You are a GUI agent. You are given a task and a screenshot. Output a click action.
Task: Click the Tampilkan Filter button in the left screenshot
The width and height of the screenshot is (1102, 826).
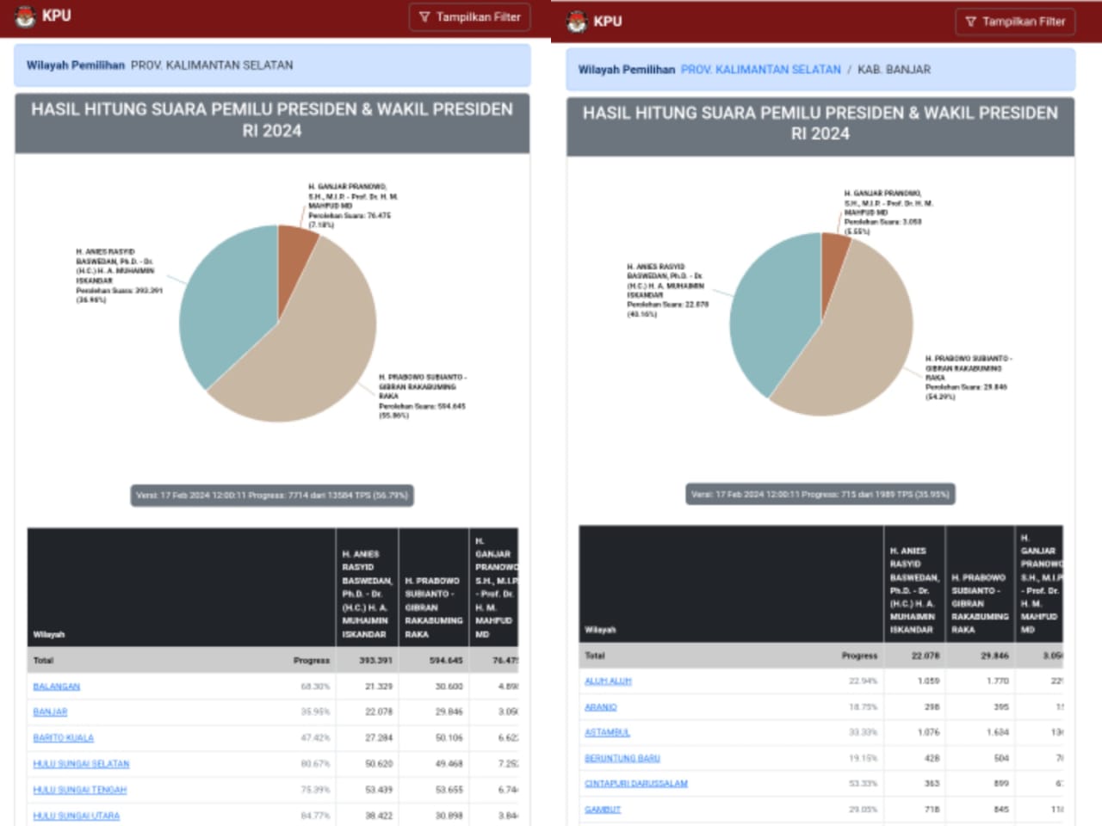469,17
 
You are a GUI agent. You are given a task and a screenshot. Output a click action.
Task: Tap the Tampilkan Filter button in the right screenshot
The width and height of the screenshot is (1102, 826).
1015,22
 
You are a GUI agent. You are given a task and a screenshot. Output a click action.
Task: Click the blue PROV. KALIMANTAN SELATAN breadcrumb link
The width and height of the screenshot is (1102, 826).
760,70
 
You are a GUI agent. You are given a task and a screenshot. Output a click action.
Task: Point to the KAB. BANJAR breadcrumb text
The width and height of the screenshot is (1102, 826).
894,70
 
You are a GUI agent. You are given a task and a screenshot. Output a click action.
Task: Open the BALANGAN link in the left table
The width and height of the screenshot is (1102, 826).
57,687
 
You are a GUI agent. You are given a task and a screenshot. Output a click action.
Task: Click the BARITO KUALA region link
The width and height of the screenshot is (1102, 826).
64,738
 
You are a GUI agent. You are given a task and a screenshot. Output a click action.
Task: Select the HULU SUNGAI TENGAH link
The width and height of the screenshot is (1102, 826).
80,790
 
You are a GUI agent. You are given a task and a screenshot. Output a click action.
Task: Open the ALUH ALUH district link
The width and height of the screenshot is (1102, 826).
608,681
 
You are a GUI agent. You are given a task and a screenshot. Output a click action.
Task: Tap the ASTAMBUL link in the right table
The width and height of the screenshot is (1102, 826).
607,733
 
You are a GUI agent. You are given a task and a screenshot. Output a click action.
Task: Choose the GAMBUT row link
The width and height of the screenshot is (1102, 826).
603,810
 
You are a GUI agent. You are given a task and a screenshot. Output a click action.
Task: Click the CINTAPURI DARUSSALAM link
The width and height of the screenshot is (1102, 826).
636,784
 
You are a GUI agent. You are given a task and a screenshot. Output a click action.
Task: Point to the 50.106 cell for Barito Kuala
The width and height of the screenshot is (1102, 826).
449,738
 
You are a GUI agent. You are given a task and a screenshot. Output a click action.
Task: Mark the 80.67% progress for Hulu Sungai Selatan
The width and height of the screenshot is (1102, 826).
315,764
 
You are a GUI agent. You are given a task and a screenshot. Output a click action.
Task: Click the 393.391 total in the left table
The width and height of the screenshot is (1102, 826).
375,661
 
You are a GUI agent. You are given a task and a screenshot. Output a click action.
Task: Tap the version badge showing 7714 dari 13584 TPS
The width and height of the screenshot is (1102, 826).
271,496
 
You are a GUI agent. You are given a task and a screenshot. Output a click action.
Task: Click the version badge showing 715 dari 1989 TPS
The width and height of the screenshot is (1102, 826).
820,495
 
